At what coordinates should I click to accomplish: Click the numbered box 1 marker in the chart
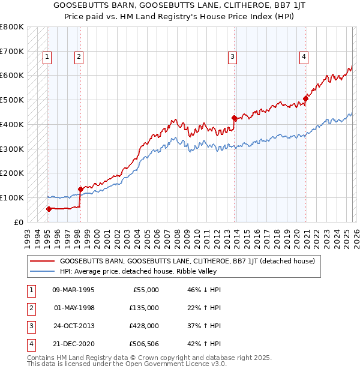click(47, 57)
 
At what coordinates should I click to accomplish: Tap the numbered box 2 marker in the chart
click(79, 57)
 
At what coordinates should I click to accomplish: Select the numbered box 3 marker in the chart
click(232, 57)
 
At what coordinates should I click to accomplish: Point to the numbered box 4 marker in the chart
click(304, 57)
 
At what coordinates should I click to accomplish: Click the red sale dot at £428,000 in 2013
click(235, 118)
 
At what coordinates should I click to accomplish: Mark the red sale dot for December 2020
click(305, 98)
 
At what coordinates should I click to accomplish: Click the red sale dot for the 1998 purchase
click(80, 189)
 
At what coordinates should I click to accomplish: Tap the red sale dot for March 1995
click(49, 209)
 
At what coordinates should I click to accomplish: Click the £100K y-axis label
click(13, 197)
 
